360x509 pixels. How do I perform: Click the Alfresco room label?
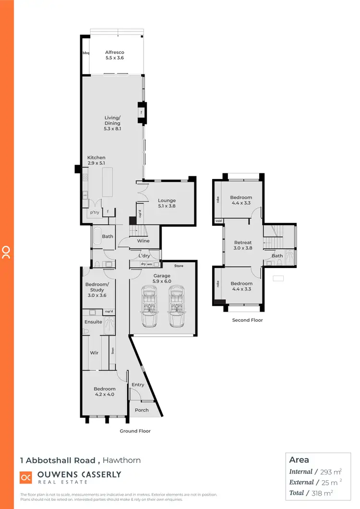(115, 52)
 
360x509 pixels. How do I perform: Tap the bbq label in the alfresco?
(86, 53)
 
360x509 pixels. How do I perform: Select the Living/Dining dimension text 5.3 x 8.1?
(113, 129)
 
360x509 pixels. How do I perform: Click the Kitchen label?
(96, 158)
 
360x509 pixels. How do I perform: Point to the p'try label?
(94, 212)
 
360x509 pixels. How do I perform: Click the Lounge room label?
(167, 201)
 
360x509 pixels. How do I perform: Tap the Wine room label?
(143, 241)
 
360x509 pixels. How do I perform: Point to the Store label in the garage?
(179, 266)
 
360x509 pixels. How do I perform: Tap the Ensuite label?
(93, 322)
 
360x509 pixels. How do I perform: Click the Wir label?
(94, 353)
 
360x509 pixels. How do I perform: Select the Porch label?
(142, 410)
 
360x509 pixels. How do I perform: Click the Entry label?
(138, 385)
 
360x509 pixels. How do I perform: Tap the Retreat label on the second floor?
(243, 242)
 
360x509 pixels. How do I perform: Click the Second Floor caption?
(247, 320)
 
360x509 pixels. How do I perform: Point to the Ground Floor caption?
(135, 431)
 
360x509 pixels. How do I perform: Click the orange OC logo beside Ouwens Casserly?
(26, 478)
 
